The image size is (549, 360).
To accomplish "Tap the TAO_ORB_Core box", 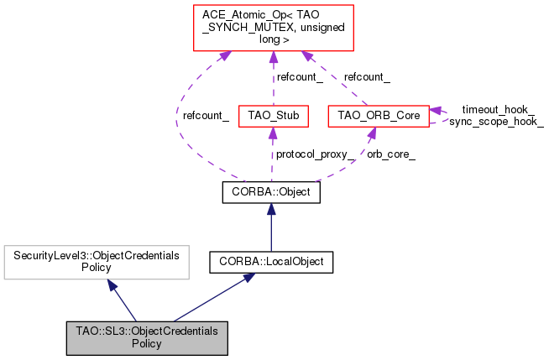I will tap(378, 113).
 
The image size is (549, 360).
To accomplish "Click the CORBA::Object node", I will tap(270, 192).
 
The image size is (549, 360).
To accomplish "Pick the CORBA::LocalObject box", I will tap(271, 262).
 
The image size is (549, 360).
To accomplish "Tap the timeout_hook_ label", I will tap(498, 109).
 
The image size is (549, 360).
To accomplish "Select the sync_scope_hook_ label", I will tap(496, 122).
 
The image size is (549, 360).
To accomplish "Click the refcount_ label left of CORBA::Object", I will tap(206, 116).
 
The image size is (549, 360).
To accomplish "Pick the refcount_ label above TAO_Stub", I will tap(300, 76).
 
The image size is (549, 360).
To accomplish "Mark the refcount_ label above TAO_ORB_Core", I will tap(368, 76).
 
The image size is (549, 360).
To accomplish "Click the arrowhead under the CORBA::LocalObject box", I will tap(249, 279).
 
